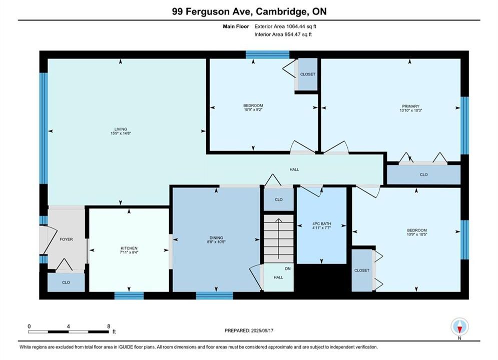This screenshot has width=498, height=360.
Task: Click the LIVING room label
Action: coord(121,129)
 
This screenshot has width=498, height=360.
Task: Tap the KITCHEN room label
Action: coord(129,248)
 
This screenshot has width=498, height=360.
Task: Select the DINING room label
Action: coord(216,237)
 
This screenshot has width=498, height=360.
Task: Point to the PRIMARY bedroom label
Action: coord(410,106)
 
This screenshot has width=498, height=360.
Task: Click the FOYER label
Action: coord(67,239)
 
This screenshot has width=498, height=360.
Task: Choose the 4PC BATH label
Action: coord(321,223)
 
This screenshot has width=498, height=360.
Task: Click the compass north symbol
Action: coord(459,326)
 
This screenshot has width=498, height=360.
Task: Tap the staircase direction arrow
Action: coord(279,238)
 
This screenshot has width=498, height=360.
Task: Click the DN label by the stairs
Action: coord(288,268)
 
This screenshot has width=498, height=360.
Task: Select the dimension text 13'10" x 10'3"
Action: coord(410,110)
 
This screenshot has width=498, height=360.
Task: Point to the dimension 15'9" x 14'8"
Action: coord(121,133)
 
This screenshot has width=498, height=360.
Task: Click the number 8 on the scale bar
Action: coord(109,326)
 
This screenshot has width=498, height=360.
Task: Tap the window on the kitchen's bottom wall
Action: coord(129,295)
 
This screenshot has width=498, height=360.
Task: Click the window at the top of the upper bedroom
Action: coord(267,54)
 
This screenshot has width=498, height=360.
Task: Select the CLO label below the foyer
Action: coord(66,282)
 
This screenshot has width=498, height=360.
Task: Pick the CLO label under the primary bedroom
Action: coord(424,174)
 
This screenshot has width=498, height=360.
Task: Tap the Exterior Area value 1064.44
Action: coord(295,26)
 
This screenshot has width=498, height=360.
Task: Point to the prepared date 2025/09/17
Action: coord(262,330)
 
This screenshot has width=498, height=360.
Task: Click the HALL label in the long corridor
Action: coord(294,169)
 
